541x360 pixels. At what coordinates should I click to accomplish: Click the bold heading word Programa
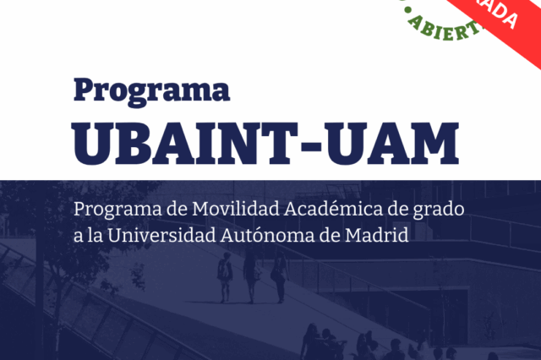[151, 90]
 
